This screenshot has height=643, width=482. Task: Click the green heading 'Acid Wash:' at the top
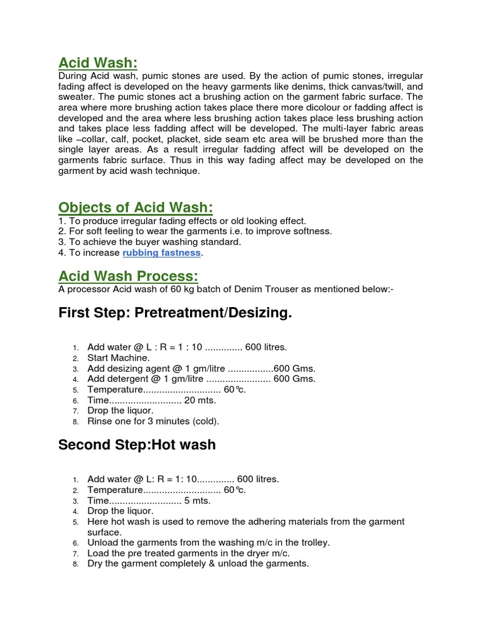point(97,63)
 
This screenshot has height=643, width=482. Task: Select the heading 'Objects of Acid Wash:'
point(136,208)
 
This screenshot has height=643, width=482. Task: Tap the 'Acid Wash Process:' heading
point(128,276)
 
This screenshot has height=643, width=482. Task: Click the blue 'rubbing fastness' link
point(162,253)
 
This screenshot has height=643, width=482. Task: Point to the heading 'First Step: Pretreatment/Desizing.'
point(175,313)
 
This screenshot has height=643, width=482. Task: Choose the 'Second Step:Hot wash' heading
point(137,445)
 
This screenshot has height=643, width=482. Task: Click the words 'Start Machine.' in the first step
point(119,358)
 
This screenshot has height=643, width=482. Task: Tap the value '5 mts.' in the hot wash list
point(197,500)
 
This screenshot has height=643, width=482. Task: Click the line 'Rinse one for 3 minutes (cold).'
point(153,421)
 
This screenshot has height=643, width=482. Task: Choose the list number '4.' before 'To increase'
point(62,253)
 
